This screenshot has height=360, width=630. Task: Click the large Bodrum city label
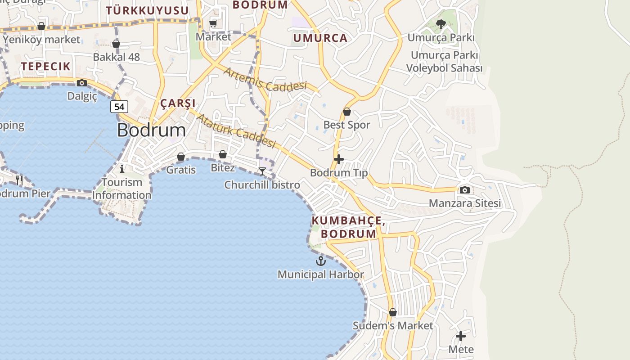[x=151, y=130]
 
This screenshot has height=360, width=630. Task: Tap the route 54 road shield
[x=119, y=107]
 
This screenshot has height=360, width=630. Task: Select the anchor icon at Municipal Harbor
[x=321, y=261]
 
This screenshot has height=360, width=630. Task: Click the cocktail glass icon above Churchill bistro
[x=262, y=171]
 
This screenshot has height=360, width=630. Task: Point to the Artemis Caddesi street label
[x=265, y=79]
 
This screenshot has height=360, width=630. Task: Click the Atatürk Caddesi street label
[x=236, y=130]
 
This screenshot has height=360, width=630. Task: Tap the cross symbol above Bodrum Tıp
[x=339, y=159]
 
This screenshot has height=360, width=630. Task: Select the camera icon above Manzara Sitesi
[x=465, y=190]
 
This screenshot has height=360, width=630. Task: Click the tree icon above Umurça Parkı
[x=441, y=24]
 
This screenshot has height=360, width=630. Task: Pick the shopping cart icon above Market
[x=213, y=23]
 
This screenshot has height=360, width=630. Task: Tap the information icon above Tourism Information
[x=122, y=169]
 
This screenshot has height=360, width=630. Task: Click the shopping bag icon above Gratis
[x=181, y=157]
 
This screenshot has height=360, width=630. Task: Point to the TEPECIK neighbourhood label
[x=46, y=67]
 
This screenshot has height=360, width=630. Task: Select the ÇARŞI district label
[x=178, y=103]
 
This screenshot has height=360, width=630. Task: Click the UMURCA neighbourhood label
[x=320, y=38]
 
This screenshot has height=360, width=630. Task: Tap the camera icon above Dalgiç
[x=82, y=83]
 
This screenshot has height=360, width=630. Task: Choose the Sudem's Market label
[x=393, y=325]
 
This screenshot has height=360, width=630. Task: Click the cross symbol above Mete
[x=461, y=336]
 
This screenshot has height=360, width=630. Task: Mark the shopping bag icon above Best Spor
[x=347, y=112]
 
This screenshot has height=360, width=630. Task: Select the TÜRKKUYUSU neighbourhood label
[x=147, y=10]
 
